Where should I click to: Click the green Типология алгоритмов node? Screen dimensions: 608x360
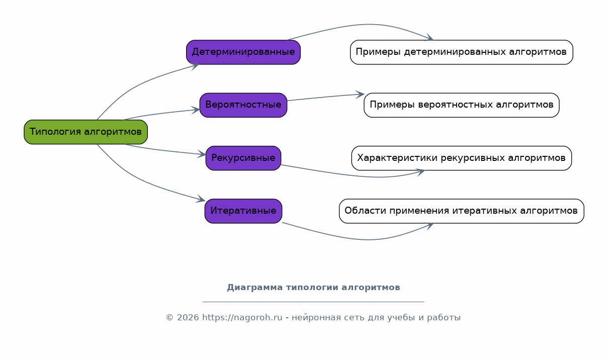click(86, 132)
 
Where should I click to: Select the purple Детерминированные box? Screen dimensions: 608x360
click(243, 52)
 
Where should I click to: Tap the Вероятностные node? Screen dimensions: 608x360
click(243, 105)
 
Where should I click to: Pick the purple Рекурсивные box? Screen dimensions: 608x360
click(243, 158)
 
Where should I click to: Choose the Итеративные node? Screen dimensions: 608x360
click(243, 211)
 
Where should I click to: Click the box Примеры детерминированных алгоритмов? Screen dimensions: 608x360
click(462, 52)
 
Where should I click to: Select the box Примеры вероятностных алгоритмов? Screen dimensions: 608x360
click(462, 105)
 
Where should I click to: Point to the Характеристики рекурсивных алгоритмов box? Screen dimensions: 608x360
click(462, 158)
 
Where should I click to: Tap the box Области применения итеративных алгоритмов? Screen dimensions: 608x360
click(462, 211)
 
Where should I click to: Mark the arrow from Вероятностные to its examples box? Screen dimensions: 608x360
click(326, 97)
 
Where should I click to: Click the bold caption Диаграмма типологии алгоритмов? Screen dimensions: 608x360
click(313, 287)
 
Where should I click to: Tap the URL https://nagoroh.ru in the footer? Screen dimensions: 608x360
click(242, 317)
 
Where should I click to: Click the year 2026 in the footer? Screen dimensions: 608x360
click(188, 317)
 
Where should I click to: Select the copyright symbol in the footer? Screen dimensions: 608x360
click(170, 317)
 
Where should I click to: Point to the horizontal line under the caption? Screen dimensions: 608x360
click(313, 301)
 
